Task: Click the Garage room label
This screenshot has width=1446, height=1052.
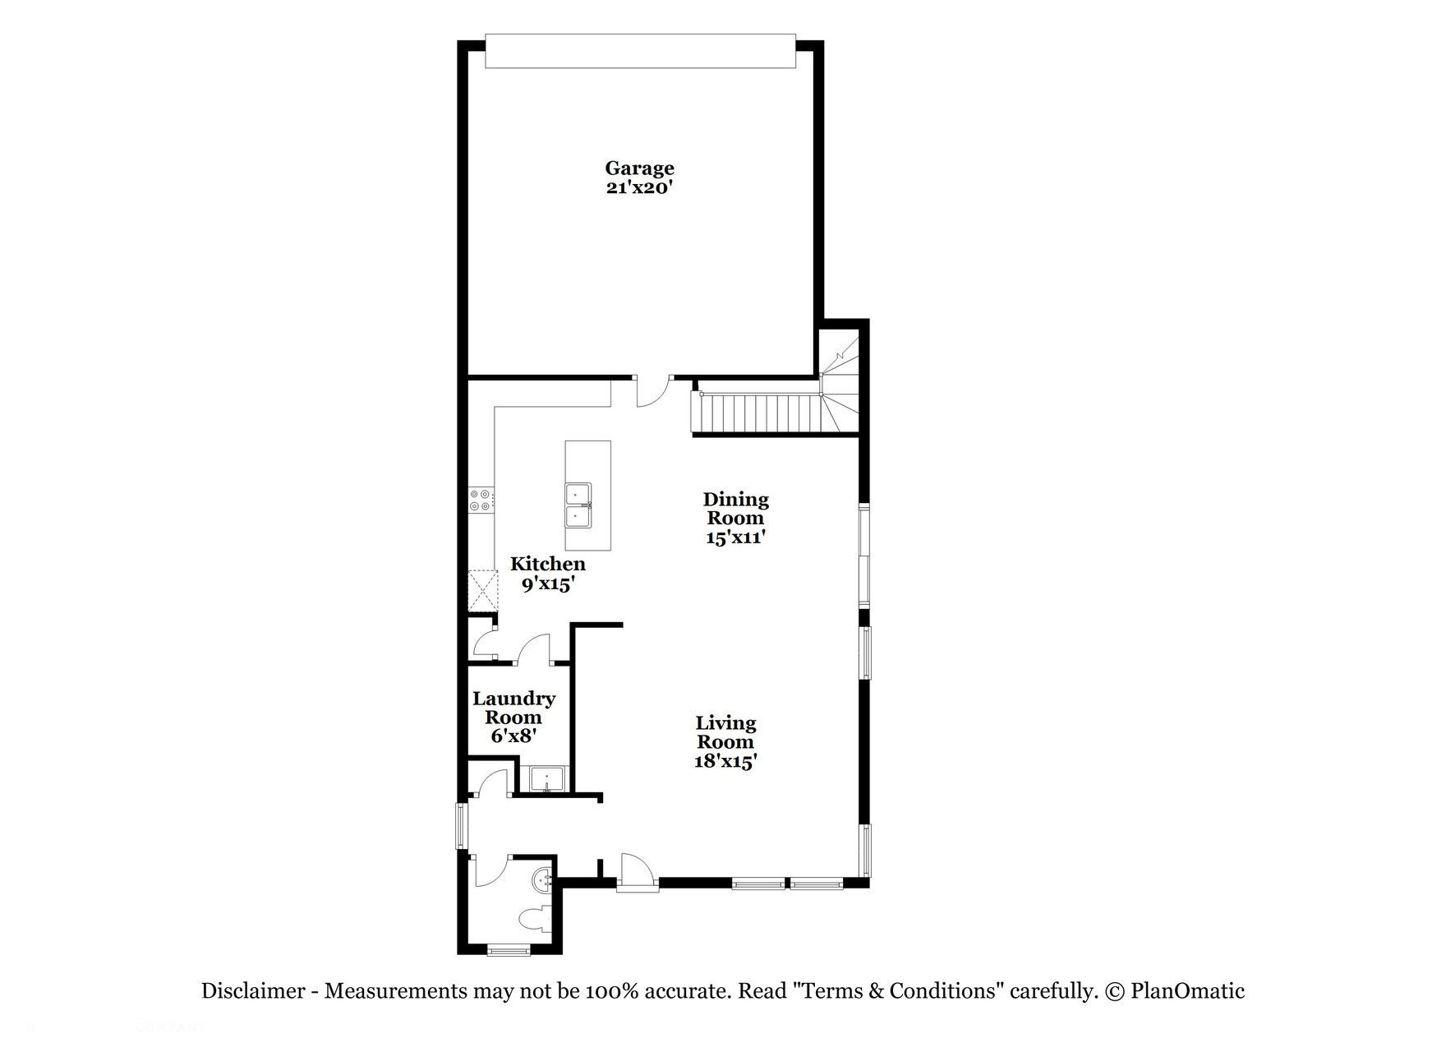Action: (639, 168)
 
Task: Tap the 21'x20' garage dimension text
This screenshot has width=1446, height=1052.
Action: (639, 187)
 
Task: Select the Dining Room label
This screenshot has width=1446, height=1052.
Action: (735, 509)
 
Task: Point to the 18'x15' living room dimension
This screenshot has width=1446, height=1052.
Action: (725, 761)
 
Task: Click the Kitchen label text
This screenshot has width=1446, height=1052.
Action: (548, 564)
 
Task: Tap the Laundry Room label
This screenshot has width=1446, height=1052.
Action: (513, 708)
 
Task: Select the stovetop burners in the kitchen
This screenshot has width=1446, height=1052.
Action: (480, 501)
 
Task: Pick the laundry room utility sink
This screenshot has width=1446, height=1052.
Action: (546, 778)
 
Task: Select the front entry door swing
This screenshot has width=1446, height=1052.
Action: (636, 871)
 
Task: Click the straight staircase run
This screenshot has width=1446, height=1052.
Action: (758, 413)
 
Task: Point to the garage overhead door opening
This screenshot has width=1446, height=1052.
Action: (640, 51)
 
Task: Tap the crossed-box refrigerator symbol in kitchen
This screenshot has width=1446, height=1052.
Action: (482, 591)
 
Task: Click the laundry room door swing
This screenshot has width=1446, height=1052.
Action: (536, 648)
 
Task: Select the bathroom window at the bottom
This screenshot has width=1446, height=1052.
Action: (509, 951)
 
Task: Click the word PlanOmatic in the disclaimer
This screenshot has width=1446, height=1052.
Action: (1187, 991)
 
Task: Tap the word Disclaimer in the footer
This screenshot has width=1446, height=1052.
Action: (253, 991)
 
